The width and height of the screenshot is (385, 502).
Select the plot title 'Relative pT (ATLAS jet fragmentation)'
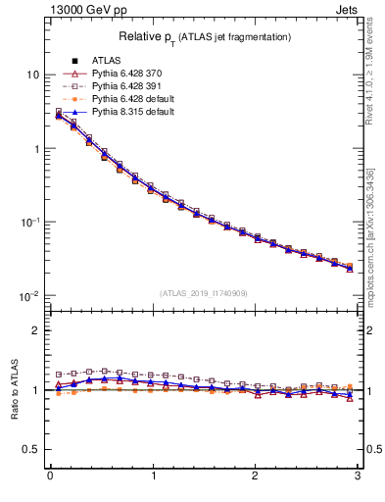tap(205, 37)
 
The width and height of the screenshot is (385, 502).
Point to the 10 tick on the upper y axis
tap(32, 75)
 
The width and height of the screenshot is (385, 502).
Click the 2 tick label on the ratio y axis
tap(36, 330)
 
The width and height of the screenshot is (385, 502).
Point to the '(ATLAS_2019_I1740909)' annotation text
tap(205, 293)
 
